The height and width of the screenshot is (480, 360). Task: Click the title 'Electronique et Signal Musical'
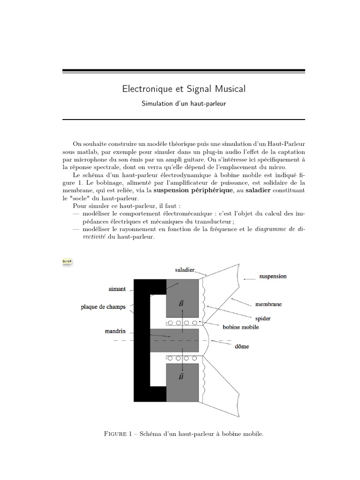click(184, 89)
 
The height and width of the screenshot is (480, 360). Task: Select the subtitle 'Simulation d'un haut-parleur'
click(184, 103)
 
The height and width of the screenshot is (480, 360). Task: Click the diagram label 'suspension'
click(273, 277)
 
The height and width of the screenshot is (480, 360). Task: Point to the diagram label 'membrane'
click(268, 304)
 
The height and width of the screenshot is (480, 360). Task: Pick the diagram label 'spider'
click(262, 319)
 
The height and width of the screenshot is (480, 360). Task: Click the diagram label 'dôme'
click(242, 347)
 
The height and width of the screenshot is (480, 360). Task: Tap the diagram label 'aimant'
click(117, 289)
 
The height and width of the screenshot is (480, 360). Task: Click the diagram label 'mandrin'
click(115, 331)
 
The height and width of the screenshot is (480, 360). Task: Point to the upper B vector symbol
click(181, 304)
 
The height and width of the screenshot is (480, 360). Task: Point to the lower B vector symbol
click(181, 376)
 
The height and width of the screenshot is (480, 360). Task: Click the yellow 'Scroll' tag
click(67, 261)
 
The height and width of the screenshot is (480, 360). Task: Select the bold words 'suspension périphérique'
click(193, 191)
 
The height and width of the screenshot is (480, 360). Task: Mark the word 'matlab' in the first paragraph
click(85, 152)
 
